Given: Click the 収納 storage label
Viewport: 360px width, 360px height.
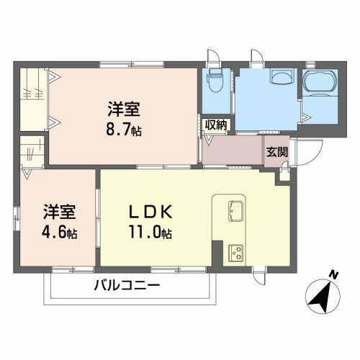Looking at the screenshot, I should click(x=216, y=125).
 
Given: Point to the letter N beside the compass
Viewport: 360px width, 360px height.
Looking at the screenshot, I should click(x=333, y=274).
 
